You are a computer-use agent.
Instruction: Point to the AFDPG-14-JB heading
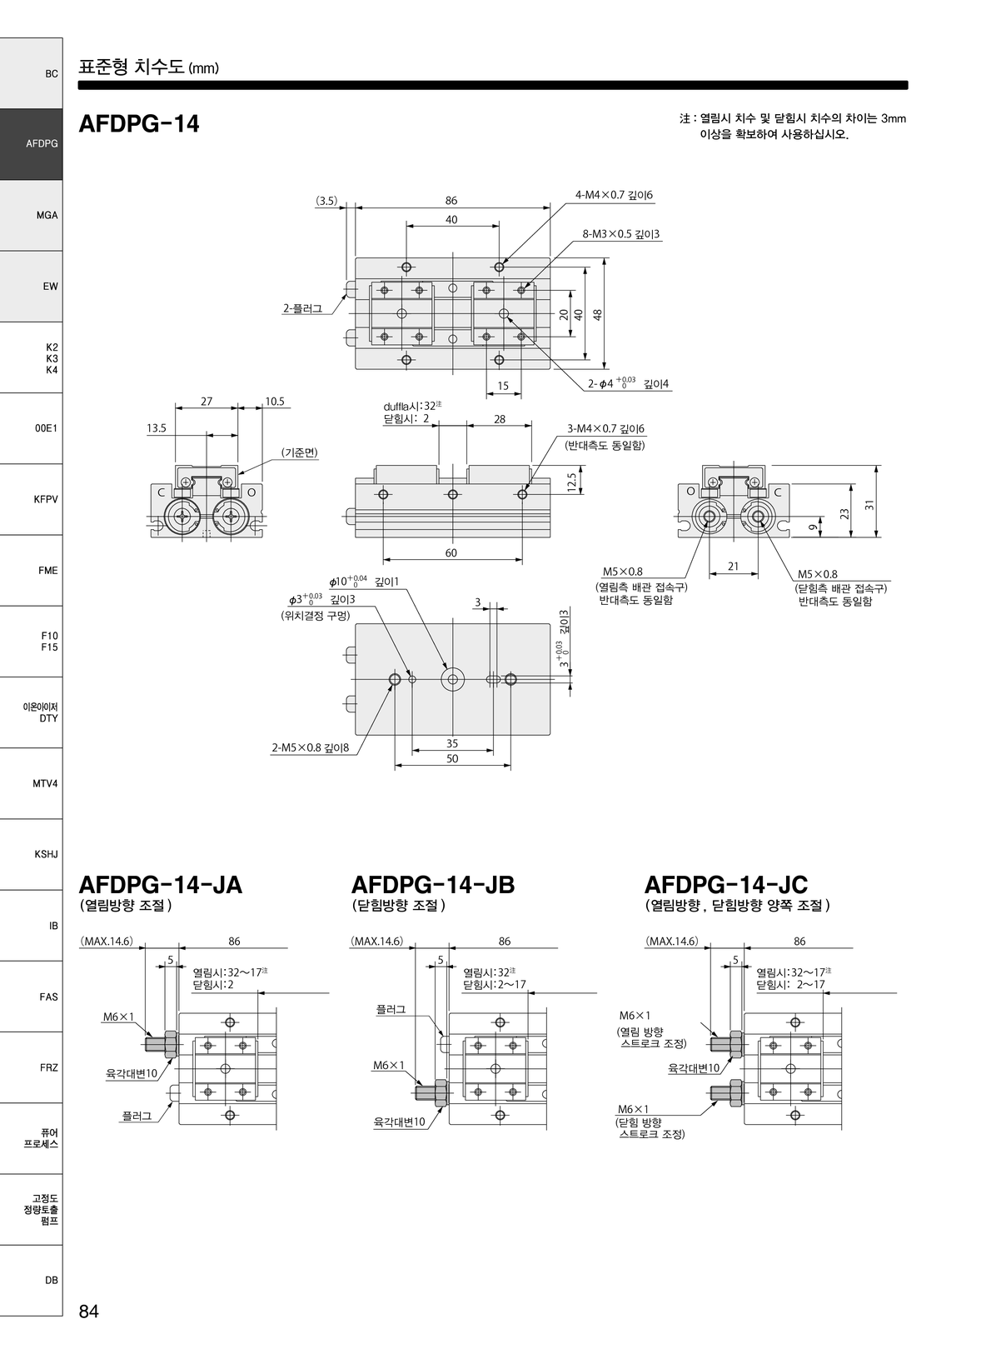pos(432,885)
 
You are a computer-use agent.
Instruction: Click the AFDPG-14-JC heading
pos(725,885)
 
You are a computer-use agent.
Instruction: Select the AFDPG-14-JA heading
pos(160,885)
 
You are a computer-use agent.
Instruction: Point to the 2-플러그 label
pos(302,308)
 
